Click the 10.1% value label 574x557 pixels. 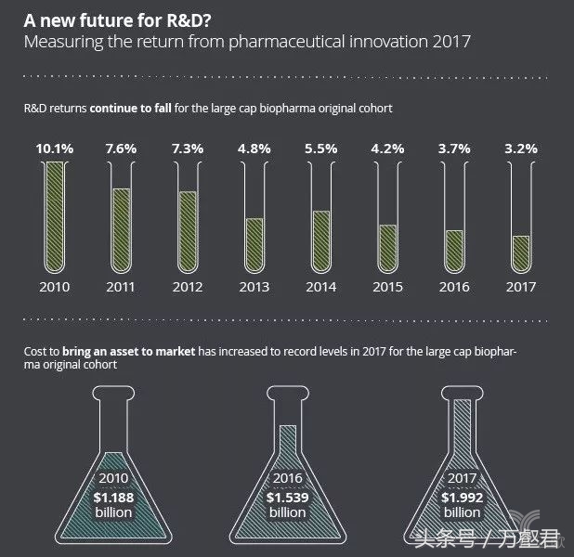coord(55,147)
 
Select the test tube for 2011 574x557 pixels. coord(121,215)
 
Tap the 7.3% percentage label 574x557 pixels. coord(188,147)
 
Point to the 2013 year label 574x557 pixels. coord(254,287)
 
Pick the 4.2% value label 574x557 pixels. coord(387,147)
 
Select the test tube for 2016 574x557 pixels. coord(454,215)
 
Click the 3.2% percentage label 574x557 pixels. coord(521,147)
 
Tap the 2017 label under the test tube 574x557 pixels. coord(521,287)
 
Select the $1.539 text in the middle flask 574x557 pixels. coord(287,497)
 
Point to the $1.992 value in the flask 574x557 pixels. coord(462,497)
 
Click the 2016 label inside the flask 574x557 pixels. coord(287,479)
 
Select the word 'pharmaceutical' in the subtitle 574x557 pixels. coord(258,42)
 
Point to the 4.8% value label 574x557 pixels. coord(254,147)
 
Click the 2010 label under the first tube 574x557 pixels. coord(55,287)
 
